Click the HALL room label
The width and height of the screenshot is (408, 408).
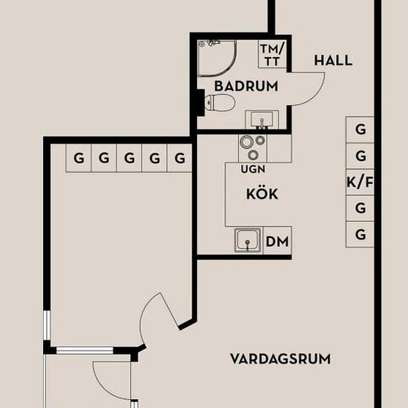point(333,61)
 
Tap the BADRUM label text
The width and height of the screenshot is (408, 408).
point(246,86)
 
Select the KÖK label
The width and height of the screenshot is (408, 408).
point(262,194)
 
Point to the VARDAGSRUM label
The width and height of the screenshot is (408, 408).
point(280,359)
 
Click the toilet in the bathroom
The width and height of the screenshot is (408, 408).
point(218,102)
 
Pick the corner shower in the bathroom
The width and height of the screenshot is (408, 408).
point(217,59)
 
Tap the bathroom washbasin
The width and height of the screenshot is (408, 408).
point(262,119)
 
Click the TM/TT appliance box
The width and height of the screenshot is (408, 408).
point(272,54)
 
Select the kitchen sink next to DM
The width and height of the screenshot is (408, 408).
point(248,240)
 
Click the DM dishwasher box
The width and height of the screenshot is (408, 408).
point(277,240)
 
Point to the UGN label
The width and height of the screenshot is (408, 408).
point(253,169)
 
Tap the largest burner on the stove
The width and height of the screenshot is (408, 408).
point(246,142)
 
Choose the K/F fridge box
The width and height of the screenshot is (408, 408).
point(360,182)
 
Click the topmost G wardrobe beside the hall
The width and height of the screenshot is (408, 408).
point(360,130)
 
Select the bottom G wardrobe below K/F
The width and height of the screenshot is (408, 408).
point(360,234)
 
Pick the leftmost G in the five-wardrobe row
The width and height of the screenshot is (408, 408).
point(79,158)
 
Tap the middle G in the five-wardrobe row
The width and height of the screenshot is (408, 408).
point(129,158)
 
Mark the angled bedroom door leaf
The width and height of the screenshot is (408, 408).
point(170,312)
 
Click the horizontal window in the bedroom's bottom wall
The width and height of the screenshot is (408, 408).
point(85,350)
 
